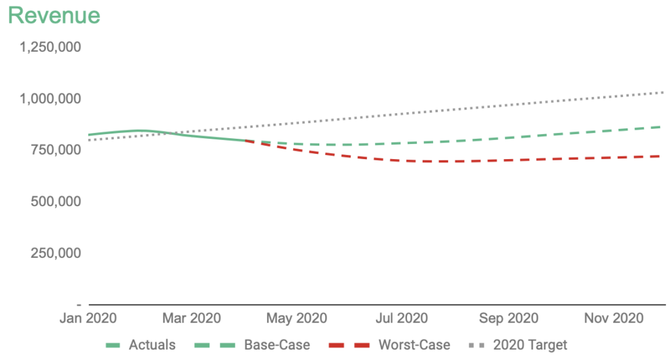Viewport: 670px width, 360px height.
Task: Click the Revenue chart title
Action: click(x=54, y=15)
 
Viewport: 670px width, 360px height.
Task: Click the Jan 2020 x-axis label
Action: click(x=88, y=319)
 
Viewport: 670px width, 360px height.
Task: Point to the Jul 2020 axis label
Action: click(x=402, y=319)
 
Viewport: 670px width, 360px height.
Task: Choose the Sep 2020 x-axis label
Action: click(x=508, y=319)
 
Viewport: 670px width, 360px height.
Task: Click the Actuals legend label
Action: click(x=152, y=344)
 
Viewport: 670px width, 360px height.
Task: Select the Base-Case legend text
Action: click(x=277, y=344)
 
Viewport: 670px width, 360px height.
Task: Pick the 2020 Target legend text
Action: click(x=530, y=344)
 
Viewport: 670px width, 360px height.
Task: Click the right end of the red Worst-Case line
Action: click(x=660, y=156)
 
